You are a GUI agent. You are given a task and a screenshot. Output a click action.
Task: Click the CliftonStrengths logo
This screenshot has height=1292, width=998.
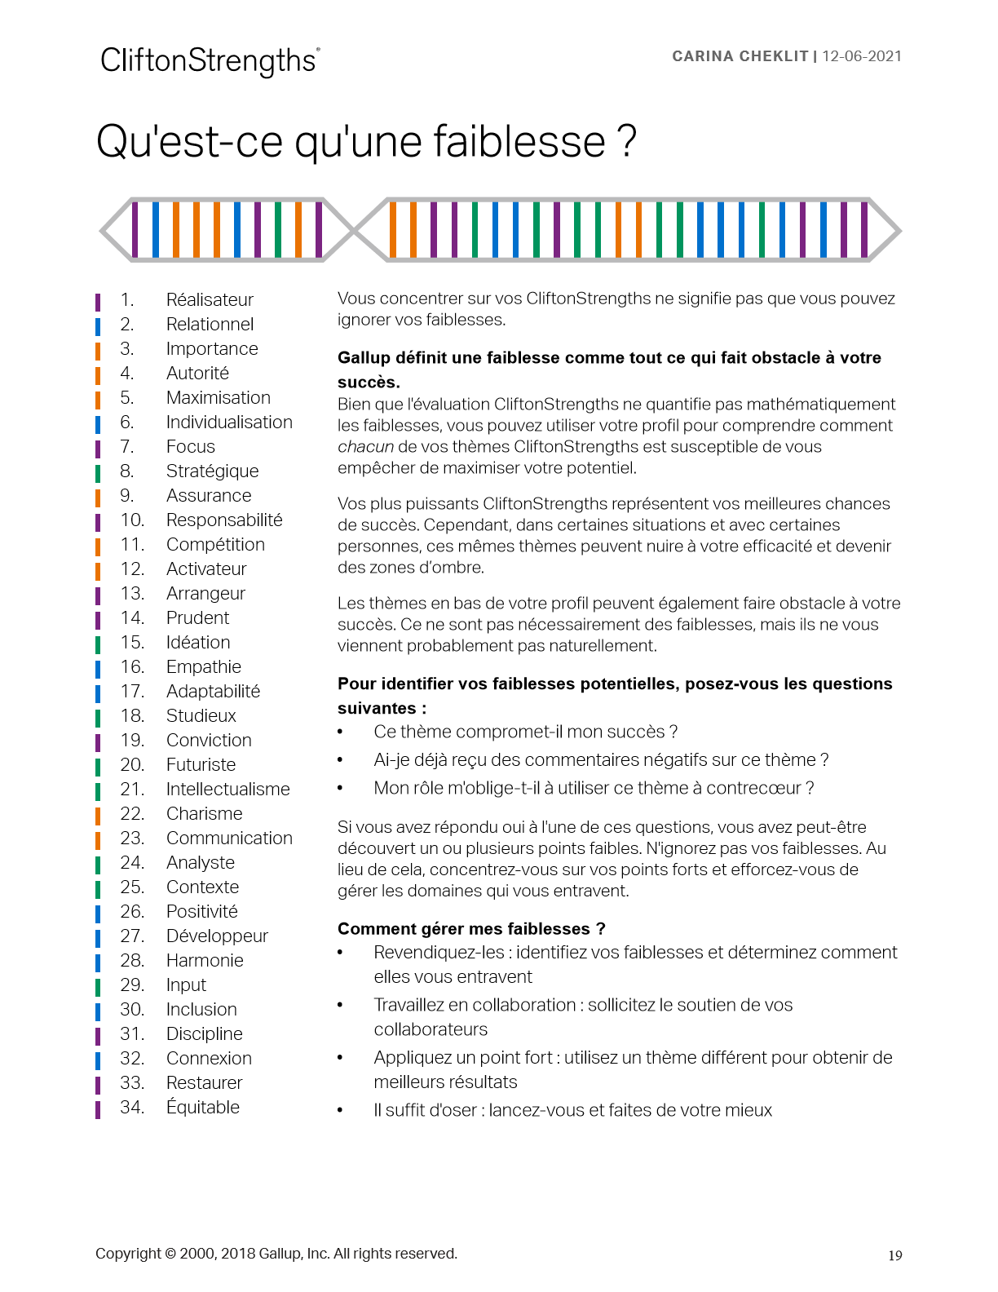210,60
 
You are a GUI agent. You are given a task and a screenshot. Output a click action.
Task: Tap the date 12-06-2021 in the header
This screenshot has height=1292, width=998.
862,56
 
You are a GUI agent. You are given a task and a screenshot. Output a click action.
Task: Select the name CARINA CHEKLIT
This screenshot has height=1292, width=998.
740,56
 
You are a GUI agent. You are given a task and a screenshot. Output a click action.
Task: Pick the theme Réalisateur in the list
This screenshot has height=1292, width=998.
210,300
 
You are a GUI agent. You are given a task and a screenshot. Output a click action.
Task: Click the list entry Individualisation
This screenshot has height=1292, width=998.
229,423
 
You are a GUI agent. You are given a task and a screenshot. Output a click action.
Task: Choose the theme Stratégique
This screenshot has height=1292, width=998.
212,471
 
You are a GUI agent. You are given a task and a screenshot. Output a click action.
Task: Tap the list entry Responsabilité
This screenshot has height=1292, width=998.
224,520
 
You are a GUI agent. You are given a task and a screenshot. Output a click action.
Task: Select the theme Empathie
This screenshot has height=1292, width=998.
203,667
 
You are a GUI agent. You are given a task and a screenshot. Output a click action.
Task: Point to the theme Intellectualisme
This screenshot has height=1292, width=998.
227,790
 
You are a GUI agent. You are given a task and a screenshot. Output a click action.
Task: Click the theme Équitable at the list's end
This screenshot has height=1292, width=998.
203,1108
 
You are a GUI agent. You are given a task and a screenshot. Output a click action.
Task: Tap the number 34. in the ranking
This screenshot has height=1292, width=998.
132,1108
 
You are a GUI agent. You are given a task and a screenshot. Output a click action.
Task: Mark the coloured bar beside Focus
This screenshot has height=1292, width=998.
98,448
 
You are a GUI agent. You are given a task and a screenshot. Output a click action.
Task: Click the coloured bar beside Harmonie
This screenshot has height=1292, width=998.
98,962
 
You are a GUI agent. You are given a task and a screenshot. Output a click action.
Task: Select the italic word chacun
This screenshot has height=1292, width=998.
365,447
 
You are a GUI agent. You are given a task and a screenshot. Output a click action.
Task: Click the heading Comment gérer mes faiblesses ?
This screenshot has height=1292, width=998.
471,929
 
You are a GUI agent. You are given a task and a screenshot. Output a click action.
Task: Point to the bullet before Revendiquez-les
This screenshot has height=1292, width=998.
341,953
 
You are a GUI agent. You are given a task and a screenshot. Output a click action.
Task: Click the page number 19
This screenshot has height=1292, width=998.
894,1256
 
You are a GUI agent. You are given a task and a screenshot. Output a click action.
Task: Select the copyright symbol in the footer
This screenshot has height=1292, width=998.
170,1254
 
